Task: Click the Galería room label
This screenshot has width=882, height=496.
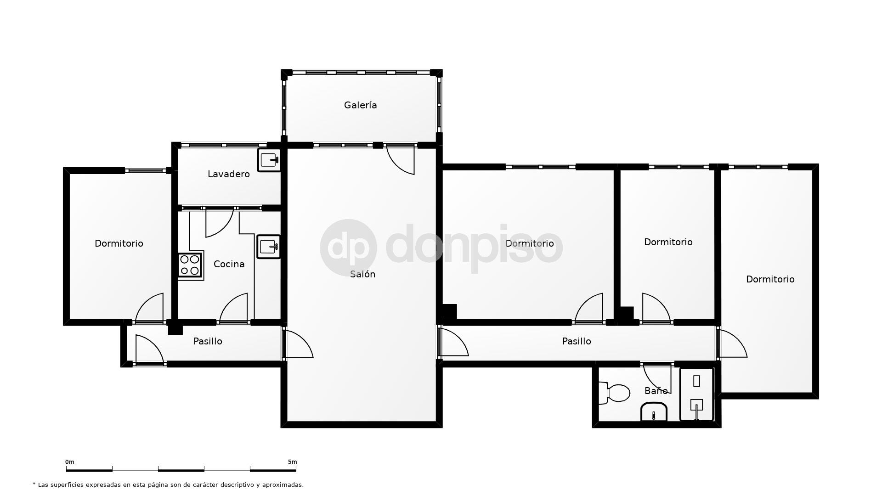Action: pos(360,105)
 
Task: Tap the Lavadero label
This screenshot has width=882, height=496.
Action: pos(228,174)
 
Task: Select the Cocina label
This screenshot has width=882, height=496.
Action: pos(229,264)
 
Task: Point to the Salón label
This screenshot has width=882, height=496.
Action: pos(362,274)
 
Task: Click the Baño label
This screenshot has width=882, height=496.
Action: pos(656,391)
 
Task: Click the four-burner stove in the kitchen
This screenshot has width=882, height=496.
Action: pos(190,265)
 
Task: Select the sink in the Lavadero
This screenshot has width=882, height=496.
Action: pos(269,160)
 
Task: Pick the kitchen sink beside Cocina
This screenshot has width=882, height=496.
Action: pos(268,247)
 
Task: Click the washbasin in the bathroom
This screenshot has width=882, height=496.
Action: pos(654,412)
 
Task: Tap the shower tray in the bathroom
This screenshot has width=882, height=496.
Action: pos(696,394)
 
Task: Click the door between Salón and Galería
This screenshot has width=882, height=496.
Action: pos(401,159)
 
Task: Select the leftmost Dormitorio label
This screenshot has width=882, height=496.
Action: pos(119,243)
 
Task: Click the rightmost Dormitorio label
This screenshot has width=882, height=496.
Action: pos(770,279)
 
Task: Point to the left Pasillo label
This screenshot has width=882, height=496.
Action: pos(208,341)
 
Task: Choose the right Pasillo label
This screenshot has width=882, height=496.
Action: pos(577,341)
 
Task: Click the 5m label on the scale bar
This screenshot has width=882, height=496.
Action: pos(292,462)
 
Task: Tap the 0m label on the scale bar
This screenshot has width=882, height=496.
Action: pos(70,462)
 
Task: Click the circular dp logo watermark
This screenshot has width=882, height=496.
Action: pos(348,248)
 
